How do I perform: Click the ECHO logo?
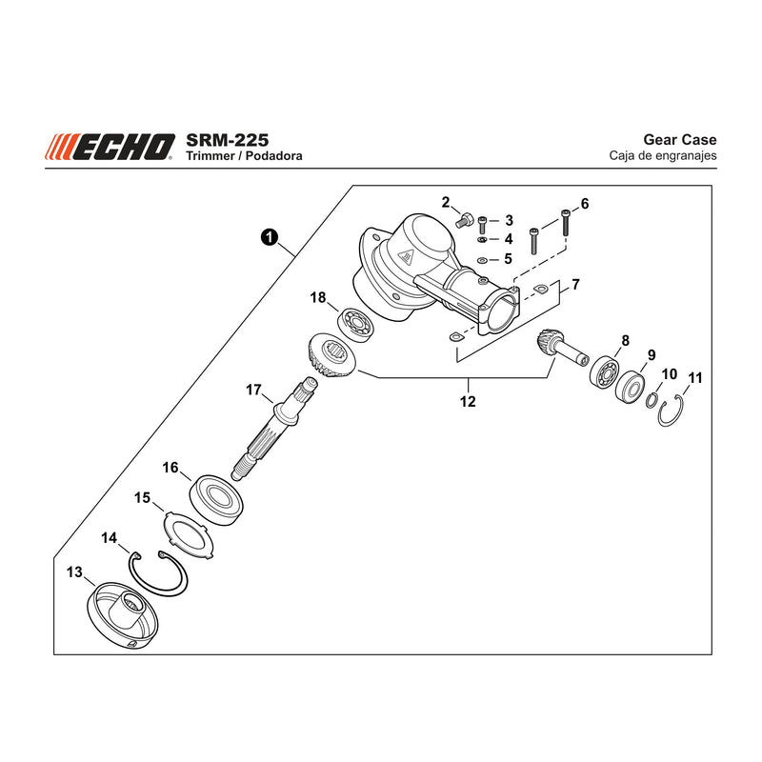point(110,147)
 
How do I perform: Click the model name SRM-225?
point(227,140)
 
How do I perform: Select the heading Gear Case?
point(679,139)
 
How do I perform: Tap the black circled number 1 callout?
point(270,237)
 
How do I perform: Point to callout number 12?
point(468,401)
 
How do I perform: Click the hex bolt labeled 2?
point(466,220)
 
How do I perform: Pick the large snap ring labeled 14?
point(158,573)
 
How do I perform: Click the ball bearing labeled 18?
point(355,324)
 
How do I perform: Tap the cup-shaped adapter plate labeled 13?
point(123,615)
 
